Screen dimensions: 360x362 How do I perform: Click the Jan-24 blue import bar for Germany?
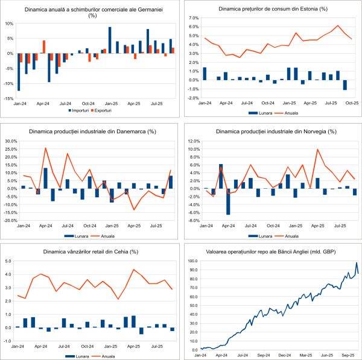coord(19,72)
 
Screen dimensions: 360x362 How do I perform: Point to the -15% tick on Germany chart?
coord(8,98)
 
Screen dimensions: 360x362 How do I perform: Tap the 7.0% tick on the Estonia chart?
coord(193,19)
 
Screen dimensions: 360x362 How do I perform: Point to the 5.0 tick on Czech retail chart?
coord(9,261)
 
